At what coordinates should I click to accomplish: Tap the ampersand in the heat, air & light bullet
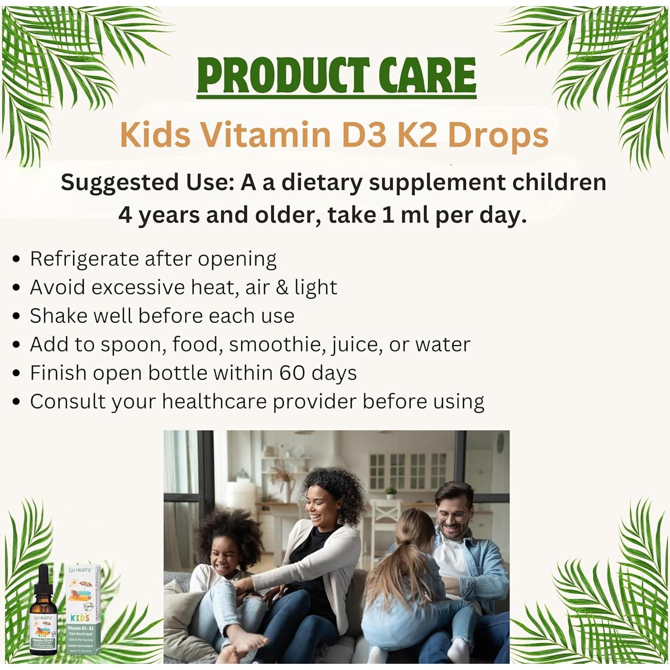pos(282,287)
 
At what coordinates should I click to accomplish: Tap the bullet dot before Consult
pos(17,402)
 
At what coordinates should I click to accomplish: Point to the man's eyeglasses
pos(451,516)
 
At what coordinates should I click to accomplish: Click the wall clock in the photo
pos(500,443)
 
